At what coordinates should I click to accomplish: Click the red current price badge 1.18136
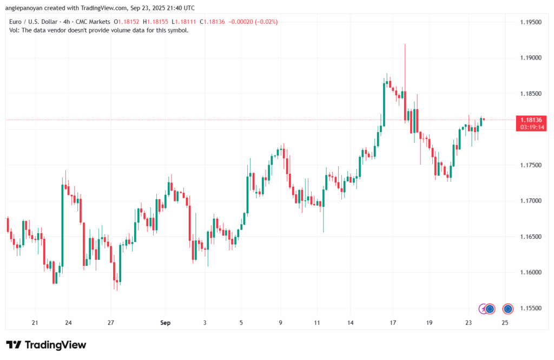tap(531, 120)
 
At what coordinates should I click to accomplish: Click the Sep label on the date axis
tap(166, 323)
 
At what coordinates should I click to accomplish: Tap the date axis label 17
tap(392, 323)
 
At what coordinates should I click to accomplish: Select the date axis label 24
tap(68, 323)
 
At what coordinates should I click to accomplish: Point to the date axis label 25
tap(504, 323)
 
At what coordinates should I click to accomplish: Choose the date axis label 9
tap(281, 323)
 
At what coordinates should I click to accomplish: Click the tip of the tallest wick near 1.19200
tap(405, 45)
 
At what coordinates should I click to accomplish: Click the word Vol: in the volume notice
tap(15, 30)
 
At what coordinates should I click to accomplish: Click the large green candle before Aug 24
tap(62, 225)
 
